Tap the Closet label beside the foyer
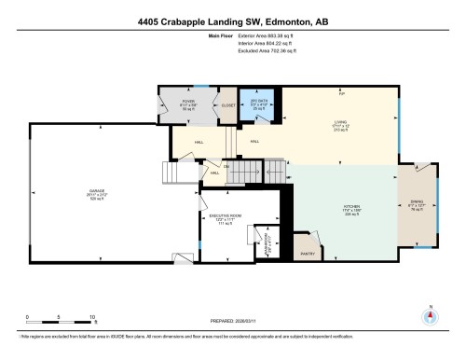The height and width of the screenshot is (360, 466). click(x=226, y=104)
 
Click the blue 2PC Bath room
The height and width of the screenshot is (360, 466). click(x=260, y=105)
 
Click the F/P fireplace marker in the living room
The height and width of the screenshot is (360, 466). click(x=340, y=93)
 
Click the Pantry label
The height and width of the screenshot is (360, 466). click(x=308, y=252)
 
